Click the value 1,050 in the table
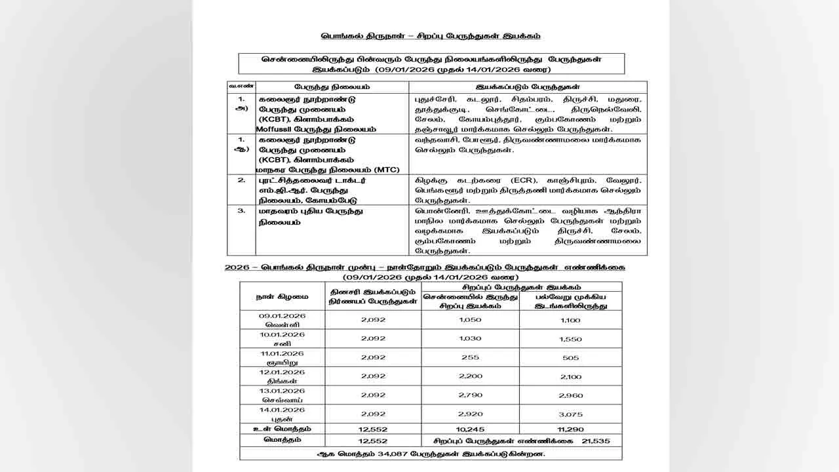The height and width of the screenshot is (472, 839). (471, 319)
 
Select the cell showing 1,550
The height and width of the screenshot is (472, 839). (571, 339)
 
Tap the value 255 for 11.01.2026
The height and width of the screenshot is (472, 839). (471, 357)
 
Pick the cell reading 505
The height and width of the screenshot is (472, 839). (571, 358)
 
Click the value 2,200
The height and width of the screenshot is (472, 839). (471, 376)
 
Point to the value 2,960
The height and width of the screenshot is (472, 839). (571, 396)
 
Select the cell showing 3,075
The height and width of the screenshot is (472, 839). (571, 414)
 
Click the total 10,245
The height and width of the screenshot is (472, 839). (471, 429)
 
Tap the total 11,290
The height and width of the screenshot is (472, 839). (571, 429)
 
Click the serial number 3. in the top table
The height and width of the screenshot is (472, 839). (241, 211)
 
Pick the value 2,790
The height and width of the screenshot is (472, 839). (471, 395)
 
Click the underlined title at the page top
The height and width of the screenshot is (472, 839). (430, 36)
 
